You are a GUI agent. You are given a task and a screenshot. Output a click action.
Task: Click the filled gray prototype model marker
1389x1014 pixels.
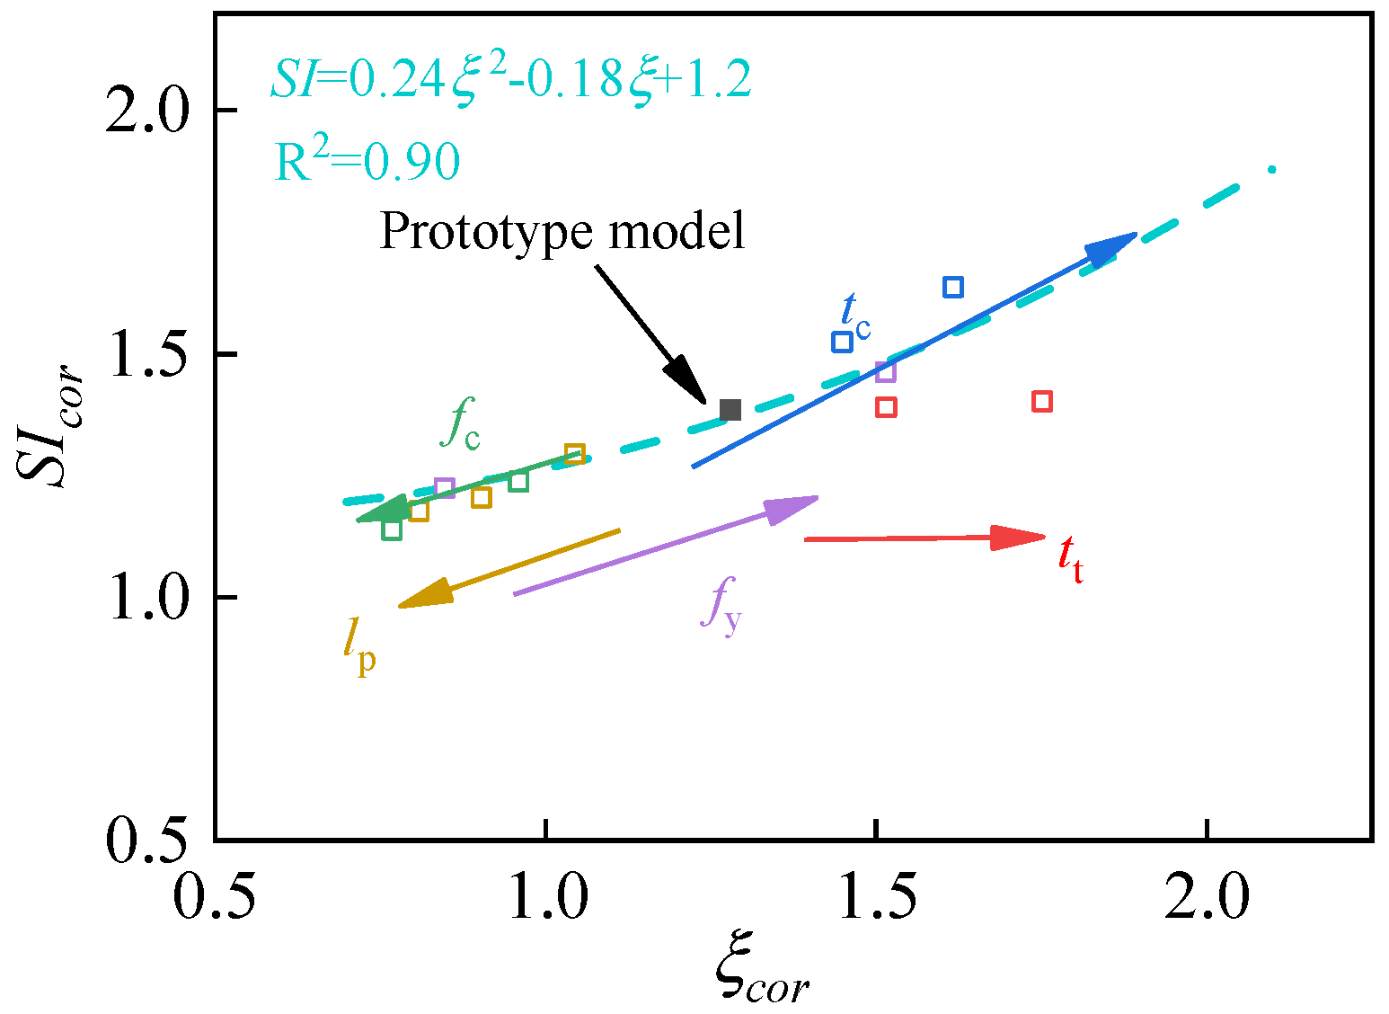[x=730, y=410]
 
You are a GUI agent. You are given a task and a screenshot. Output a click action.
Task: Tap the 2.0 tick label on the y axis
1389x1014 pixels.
[x=146, y=111]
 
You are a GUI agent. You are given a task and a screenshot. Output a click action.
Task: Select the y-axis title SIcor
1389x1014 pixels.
[x=49, y=424]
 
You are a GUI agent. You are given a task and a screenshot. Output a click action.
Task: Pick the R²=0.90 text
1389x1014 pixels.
[x=367, y=160]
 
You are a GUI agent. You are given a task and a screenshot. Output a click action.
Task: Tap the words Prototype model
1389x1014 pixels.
[x=562, y=231]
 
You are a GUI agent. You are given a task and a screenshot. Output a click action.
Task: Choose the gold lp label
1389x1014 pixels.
[x=359, y=649]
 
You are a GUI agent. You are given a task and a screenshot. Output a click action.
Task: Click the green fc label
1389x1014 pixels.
[x=459, y=423]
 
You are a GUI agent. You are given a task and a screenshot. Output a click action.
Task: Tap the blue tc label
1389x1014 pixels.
[x=855, y=317]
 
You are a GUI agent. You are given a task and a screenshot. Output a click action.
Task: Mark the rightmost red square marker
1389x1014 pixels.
[x=1042, y=401]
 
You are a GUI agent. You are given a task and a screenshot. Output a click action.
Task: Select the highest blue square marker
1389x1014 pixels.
[x=953, y=287]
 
